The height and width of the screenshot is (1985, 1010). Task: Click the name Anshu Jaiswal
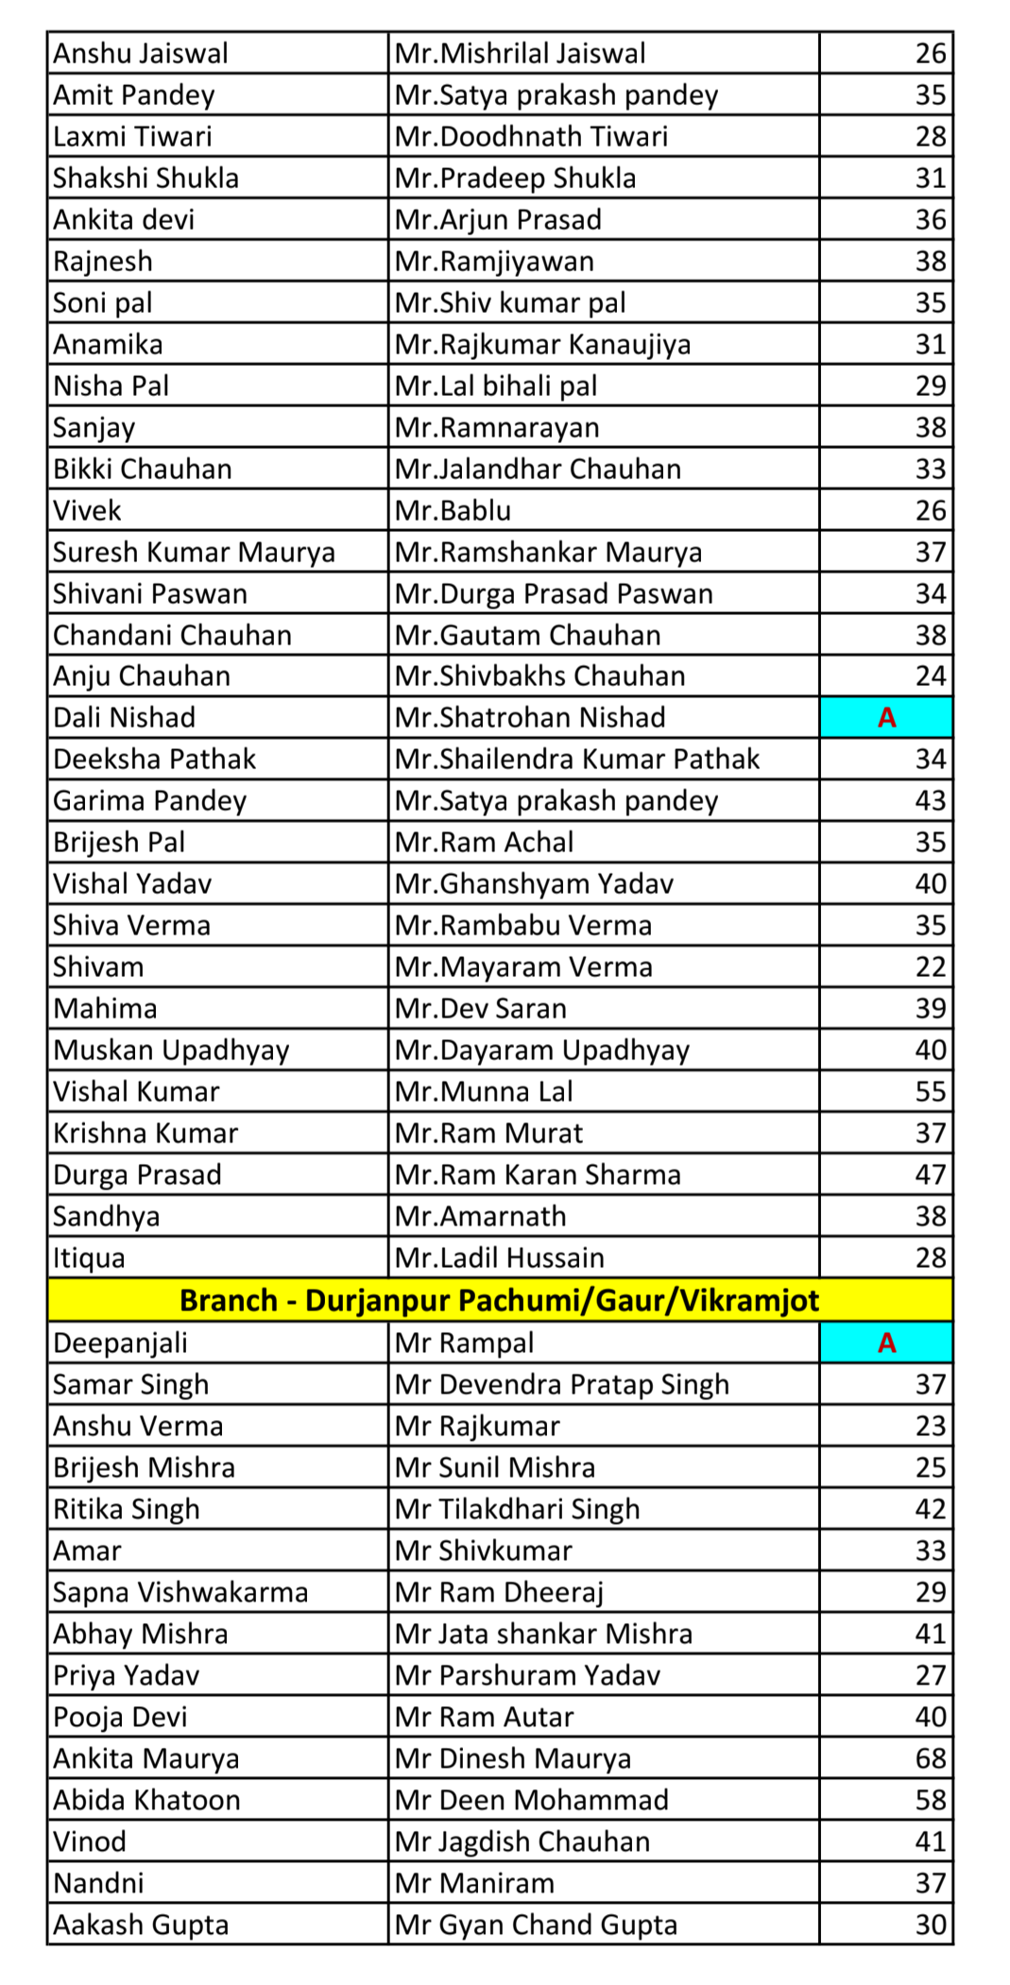coord(141,54)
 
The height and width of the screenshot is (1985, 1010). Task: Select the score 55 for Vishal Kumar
coord(930,1092)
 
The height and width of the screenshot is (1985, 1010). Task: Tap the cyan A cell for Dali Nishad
coord(885,718)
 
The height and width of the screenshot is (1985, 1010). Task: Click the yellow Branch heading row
coord(499,1301)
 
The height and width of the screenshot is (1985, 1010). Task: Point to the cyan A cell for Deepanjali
coord(885,1343)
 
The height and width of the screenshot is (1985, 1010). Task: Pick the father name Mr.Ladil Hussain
coord(499,1258)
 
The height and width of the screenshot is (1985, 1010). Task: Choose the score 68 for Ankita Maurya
coord(930,1758)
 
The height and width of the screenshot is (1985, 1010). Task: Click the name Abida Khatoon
coord(146,1800)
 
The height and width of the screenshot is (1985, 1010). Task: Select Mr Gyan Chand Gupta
coord(536,1925)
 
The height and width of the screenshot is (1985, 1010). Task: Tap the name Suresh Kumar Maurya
coord(194,553)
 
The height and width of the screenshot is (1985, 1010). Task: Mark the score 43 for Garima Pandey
coord(930,801)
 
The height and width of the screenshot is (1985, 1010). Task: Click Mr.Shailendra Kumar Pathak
coord(576,760)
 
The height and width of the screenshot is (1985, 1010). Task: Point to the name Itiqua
coord(89,1258)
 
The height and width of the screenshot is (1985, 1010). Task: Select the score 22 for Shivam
coord(930,967)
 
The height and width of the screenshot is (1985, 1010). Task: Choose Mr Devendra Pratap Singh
coord(561,1385)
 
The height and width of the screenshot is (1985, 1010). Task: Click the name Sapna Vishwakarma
coord(180,1592)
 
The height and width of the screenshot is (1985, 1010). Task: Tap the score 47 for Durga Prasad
coord(930,1175)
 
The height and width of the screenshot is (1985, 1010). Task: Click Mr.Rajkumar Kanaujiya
coord(542,345)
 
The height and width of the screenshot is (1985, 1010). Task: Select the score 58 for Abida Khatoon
coord(930,1800)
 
